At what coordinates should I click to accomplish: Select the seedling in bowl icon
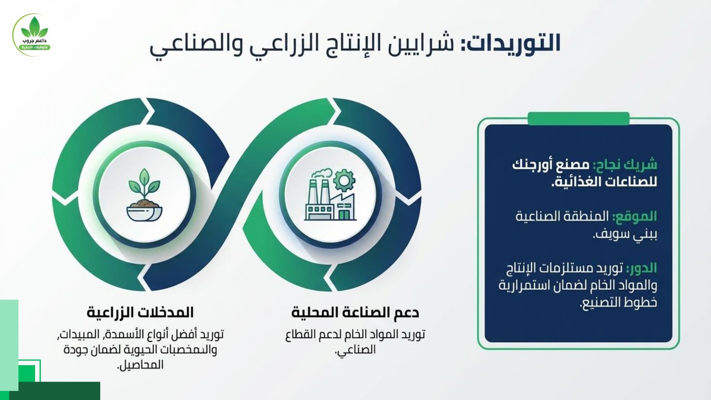coord(144,195)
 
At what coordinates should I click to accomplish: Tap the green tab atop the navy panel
coord(578,118)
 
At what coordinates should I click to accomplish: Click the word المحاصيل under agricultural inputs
coord(140,364)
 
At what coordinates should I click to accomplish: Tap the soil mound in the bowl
coord(144,204)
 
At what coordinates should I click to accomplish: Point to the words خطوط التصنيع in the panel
coord(618,303)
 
